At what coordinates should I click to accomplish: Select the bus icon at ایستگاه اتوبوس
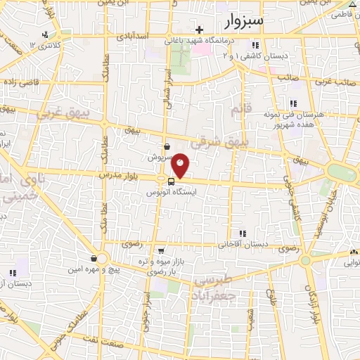(172, 182)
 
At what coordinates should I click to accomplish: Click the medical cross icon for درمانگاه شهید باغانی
(200, 30)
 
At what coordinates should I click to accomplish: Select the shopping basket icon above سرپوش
(166, 146)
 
